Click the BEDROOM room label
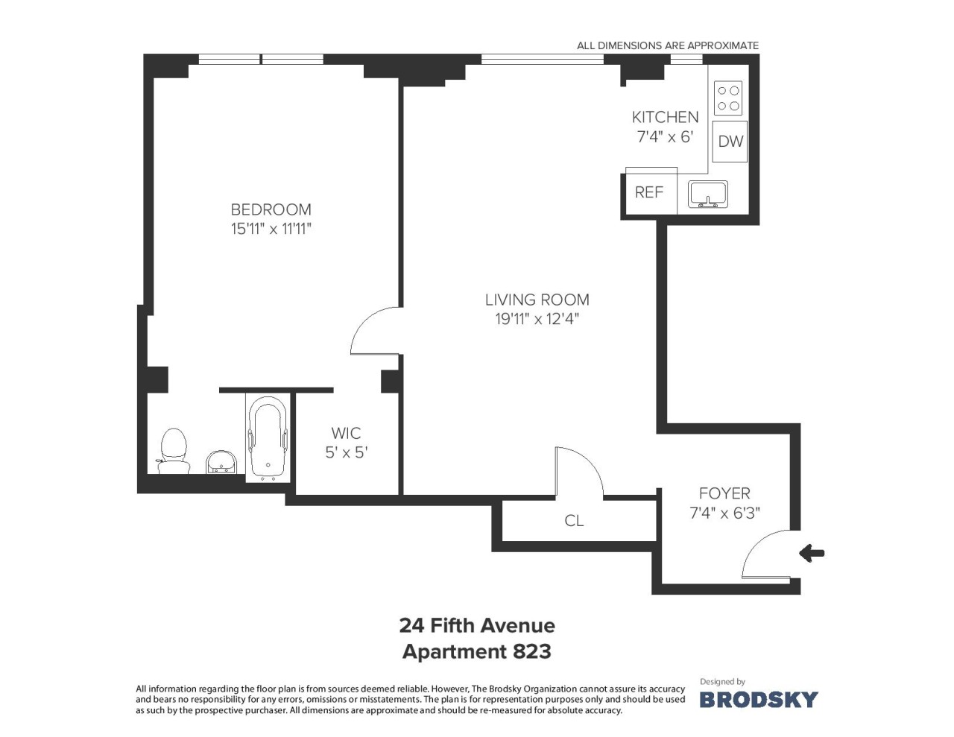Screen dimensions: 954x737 coord(271,209)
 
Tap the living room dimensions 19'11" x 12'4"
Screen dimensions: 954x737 coord(537,319)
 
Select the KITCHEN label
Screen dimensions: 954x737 coord(665,117)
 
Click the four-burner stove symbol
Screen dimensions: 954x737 coord(728,98)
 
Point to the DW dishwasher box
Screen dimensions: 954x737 coord(730,142)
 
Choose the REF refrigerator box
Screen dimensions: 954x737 coord(651,192)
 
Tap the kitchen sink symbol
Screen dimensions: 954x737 coord(708,194)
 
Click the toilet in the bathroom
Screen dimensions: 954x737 coord(174,451)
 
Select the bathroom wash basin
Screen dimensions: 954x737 coord(221,462)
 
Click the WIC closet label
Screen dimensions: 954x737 coord(346,433)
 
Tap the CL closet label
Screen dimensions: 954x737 coord(574,521)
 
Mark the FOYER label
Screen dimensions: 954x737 coord(724,493)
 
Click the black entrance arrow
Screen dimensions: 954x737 coord(812,553)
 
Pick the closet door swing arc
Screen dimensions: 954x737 coord(590,461)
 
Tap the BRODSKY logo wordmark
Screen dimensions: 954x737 coord(759,700)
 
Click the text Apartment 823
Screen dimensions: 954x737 coord(477,652)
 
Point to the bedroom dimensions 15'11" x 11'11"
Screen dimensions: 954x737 coord(271,229)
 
